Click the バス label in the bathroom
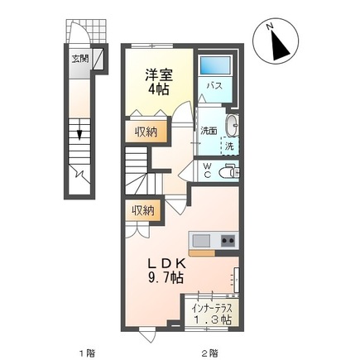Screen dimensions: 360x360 click(213, 86)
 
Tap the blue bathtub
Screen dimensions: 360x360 click(215, 65)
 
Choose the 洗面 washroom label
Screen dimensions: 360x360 click(207, 130)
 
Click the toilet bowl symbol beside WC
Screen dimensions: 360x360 click(230, 172)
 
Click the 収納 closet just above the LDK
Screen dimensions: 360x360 click(142, 211)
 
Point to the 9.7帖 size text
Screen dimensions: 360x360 click(164, 279)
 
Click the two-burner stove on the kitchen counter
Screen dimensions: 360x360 click(226, 241)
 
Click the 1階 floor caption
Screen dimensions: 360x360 click(87, 353)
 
